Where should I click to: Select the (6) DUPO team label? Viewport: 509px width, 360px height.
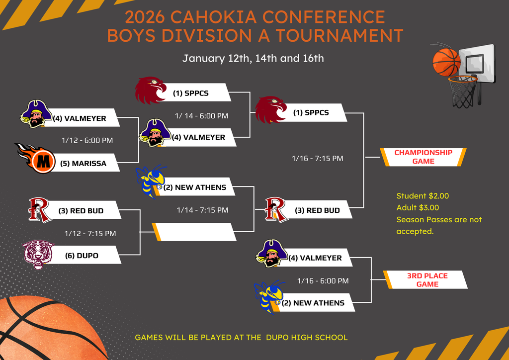click(82, 256)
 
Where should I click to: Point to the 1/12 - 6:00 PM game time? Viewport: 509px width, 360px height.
click(87, 140)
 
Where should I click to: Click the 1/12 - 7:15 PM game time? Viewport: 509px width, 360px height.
click(90, 233)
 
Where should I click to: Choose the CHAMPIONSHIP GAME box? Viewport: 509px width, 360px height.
click(423, 157)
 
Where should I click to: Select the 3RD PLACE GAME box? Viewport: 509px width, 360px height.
click(427, 279)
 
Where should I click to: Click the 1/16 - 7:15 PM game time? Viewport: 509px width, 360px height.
click(317, 159)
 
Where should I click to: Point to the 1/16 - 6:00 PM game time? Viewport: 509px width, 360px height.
click(323, 281)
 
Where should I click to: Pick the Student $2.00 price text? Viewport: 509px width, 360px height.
click(423, 196)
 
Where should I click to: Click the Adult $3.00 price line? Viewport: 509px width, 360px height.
click(418, 207)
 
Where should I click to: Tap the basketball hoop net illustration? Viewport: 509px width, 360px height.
click(463, 92)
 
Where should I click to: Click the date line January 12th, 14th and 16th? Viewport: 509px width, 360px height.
click(253, 58)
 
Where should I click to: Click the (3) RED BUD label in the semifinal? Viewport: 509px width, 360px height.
click(317, 210)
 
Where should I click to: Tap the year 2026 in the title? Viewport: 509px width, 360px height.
click(145, 17)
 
